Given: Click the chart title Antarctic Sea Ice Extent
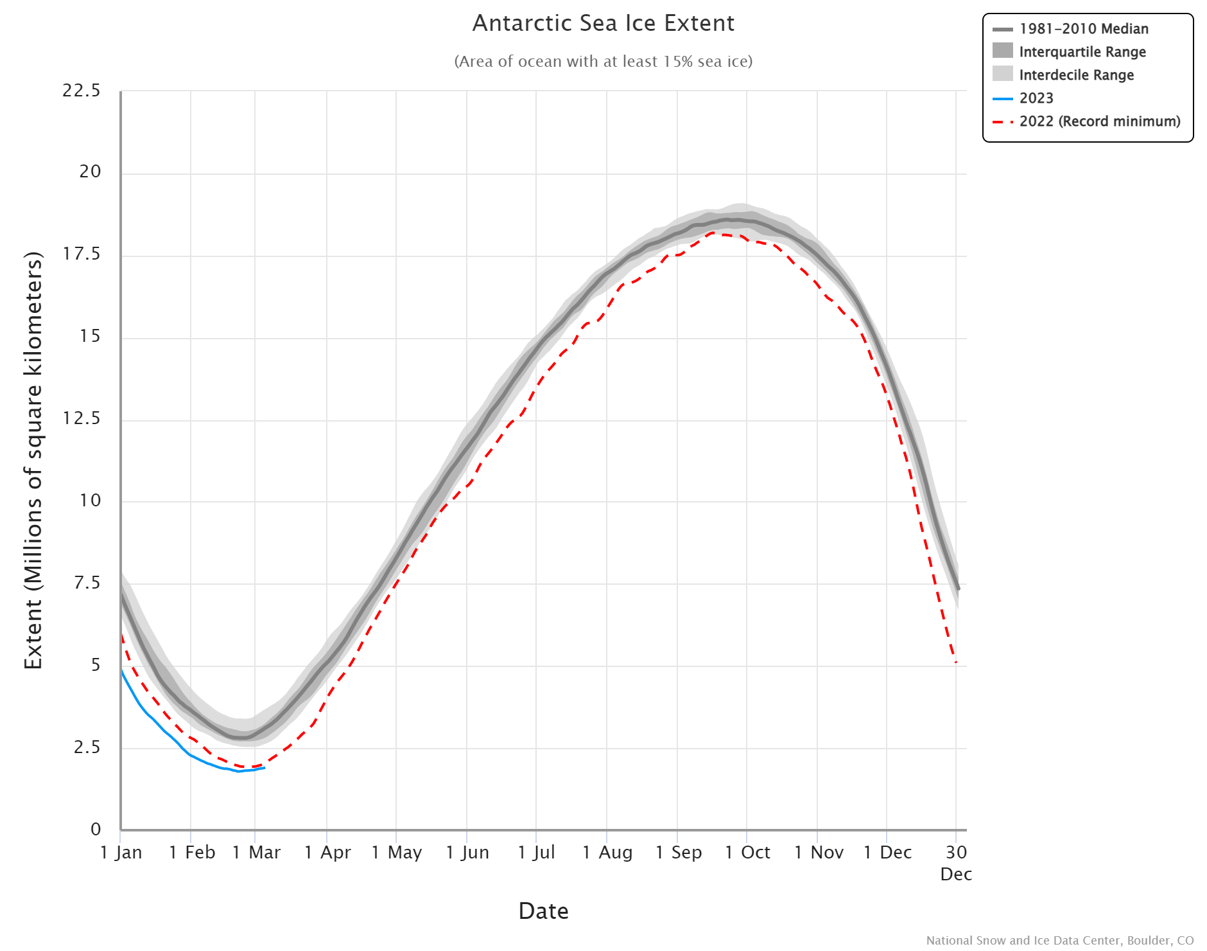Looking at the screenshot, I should pos(603,23).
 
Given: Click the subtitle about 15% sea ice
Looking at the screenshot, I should pos(603,62).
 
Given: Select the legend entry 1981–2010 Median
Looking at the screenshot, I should pos(1083,29).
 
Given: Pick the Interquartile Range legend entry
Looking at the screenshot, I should pos(1082,52).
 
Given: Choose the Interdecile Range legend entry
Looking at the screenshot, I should pos(1076,75).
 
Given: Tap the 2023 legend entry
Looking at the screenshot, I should pos(1036,98).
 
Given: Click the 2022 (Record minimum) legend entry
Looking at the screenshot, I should pos(1099,121).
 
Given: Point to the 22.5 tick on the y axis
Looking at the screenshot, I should pos(82,91).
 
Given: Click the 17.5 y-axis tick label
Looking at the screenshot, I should pos(82,254).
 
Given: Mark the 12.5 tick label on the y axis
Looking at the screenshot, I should pos(82,418).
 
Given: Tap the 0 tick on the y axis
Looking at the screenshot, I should pos(96,829).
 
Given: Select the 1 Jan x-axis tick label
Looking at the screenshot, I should pos(121,853).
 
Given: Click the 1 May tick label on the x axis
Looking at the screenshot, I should pos(397,853).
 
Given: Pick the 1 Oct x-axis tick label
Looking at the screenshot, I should pos(747,853).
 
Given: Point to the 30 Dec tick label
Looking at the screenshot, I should pos(956,862).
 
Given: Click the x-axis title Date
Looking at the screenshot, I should pos(543,911).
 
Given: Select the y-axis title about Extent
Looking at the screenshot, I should pos(33,460).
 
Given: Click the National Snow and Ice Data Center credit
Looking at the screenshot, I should pos(1059,940).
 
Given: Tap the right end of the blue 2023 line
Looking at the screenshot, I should pos(265,767).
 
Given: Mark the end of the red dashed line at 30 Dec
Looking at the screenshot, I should pos(956,662).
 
